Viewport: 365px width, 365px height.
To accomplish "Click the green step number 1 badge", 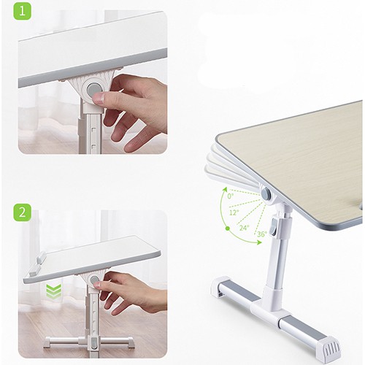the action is (22, 11).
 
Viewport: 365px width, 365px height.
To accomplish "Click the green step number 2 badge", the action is (22, 212).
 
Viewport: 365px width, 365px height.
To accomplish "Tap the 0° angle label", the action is (231, 196).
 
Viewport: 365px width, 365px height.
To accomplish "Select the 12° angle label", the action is (234, 212).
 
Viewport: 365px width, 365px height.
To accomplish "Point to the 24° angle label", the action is (244, 228).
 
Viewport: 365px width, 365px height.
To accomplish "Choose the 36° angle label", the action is (262, 234).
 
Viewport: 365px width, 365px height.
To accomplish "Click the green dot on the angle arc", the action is (228, 228).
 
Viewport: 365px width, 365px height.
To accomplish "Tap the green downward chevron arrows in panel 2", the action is (54, 291).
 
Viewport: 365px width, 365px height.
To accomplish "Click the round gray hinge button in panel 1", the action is (93, 89).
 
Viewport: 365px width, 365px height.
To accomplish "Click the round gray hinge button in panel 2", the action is (94, 280).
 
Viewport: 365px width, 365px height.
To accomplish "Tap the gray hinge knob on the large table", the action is (266, 194).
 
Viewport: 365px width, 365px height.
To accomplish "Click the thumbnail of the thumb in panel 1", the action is (99, 98).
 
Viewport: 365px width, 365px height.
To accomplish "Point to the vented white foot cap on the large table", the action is (328, 345).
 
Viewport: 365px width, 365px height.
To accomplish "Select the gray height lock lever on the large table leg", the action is (275, 227).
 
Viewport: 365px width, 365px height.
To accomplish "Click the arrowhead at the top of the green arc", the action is (225, 189).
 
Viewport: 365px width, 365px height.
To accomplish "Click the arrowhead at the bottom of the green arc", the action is (259, 242).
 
